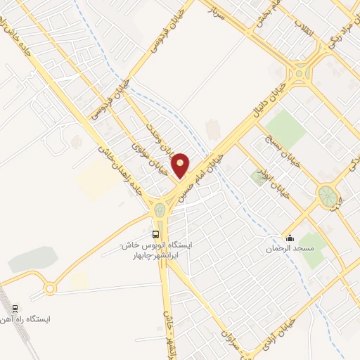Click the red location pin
pyautogui.click(x=181, y=165)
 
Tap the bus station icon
pyautogui.click(x=155, y=234)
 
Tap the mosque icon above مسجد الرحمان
pyautogui.click(x=289, y=238)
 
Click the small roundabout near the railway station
pyautogui.click(x=50, y=289)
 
